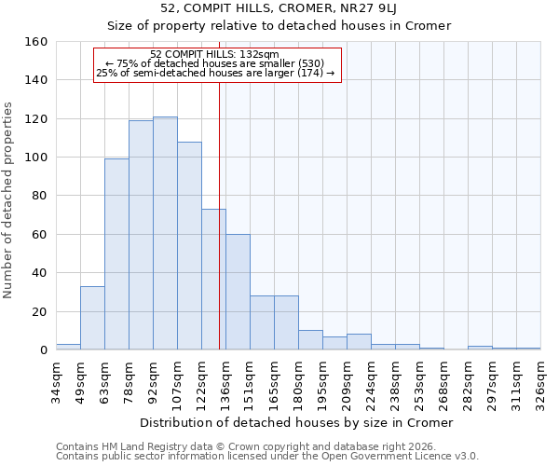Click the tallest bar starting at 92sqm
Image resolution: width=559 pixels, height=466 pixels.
[x=165, y=233]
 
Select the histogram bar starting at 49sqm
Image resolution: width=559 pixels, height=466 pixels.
[x=92, y=318]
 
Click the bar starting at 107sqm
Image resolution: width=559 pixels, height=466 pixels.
[x=189, y=246]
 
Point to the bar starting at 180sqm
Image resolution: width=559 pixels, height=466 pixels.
[x=310, y=340]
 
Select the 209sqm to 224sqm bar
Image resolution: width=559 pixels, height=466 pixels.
[x=359, y=342]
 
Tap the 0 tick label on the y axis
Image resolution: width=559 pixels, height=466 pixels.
[x=43, y=349]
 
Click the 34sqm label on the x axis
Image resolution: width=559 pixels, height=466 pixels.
[x=56, y=377]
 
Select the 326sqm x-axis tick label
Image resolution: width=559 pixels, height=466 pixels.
[x=540, y=377]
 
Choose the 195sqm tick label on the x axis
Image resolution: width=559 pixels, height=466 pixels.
[x=322, y=377]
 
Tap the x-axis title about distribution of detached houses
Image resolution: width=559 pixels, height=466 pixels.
[x=298, y=422]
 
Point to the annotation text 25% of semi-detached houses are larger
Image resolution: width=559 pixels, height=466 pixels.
[x=215, y=73]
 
